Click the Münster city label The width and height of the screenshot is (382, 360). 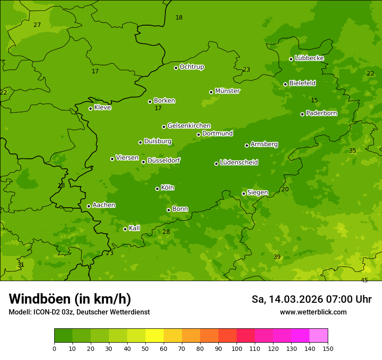(227, 91)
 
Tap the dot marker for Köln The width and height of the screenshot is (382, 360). (157, 189)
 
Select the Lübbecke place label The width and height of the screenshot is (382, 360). (310, 58)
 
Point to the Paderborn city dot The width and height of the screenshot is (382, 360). (302, 114)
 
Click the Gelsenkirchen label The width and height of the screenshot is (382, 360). (189, 126)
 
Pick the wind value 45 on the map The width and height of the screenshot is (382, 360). (364, 280)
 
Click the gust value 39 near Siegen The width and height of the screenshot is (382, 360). (277, 257)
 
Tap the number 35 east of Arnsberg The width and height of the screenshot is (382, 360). (352, 151)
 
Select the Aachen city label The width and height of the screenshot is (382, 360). (104, 205)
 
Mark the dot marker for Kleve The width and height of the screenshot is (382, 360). (90, 108)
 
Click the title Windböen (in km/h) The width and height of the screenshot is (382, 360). (70, 299)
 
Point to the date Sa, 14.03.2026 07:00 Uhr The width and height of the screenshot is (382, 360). (311, 299)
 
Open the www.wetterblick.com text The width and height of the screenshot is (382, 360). (313, 312)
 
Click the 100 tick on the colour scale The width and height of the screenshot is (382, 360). (237, 348)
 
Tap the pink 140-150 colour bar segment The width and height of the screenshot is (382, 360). (319, 336)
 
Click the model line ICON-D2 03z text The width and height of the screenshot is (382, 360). (79, 312)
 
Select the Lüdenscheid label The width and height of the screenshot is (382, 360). (239, 163)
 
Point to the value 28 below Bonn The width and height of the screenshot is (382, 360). (166, 232)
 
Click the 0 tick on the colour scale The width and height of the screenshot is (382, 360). (54, 348)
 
